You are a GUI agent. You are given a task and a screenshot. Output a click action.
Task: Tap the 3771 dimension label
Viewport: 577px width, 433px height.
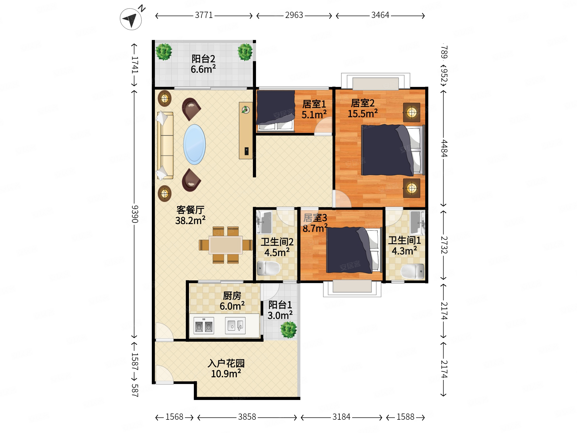pyautogui.click(x=204, y=15)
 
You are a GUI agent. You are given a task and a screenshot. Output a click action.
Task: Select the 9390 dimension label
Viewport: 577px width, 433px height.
pyautogui.click(x=135, y=214)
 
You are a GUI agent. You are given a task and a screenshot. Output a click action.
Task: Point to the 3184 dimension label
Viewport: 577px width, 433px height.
pyautogui.click(x=341, y=417)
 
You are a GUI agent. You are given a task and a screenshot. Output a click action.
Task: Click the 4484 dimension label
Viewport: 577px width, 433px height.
pyautogui.click(x=444, y=148)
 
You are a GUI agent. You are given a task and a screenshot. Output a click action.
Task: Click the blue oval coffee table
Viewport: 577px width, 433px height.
pyautogui.click(x=194, y=144)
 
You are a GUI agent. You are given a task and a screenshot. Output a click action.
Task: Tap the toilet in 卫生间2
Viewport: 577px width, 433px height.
pyautogui.click(x=268, y=268)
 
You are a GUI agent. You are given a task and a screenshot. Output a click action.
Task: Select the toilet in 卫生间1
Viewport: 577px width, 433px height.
pyautogui.click(x=412, y=271)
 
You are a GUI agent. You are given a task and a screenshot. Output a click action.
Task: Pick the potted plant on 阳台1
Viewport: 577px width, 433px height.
pyautogui.click(x=288, y=330)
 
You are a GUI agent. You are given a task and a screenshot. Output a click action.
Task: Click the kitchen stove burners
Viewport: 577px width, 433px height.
pyautogui.click(x=204, y=326)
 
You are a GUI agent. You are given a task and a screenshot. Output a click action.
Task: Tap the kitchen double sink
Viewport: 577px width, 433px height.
pyautogui.click(x=235, y=326)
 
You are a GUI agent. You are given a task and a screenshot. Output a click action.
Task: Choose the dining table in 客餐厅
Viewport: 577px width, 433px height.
pyautogui.click(x=226, y=245)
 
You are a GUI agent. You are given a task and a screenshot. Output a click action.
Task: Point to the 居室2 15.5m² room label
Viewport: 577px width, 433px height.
pyautogui.click(x=363, y=108)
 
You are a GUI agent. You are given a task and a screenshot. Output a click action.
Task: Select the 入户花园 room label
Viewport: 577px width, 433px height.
pyautogui.click(x=226, y=363)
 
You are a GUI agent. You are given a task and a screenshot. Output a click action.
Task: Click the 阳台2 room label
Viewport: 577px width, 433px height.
pyautogui.click(x=203, y=59)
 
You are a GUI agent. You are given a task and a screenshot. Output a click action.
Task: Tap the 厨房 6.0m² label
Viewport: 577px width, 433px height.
pyautogui.click(x=232, y=301)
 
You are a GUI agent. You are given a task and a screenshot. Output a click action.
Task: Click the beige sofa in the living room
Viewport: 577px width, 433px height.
pyautogui.click(x=165, y=145)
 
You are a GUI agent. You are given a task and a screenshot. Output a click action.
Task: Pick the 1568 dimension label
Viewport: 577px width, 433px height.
pyautogui.click(x=174, y=417)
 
